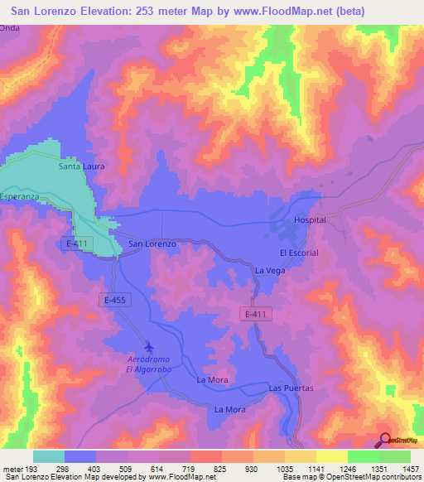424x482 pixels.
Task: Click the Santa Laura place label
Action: [x=81, y=166]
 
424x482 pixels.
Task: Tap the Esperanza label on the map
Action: [x=19, y=196]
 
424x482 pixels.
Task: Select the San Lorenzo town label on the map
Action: [x=152, y=244]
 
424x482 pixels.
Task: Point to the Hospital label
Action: [x=311, y=220]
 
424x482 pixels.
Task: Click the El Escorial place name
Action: [x=299, y=253]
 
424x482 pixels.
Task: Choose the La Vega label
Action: [x=270, y=270]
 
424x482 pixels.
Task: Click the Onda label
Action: [x=9, y=27]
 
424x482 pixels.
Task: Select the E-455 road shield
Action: [x=115, y=299]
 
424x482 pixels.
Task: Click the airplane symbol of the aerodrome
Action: [x=148, y=346]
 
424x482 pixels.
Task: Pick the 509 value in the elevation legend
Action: [x=128, y=470]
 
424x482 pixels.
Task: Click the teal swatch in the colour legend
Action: [x=49, y=456]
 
